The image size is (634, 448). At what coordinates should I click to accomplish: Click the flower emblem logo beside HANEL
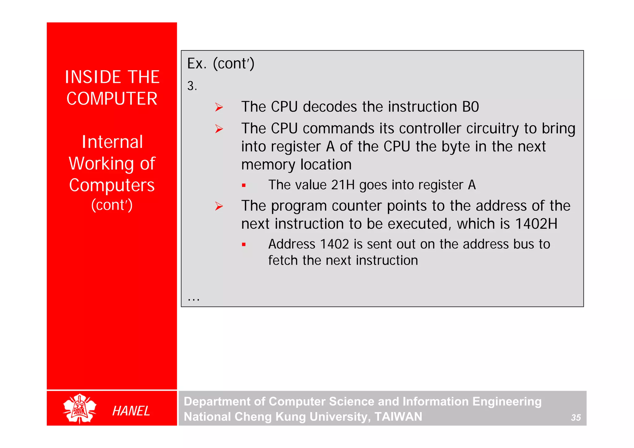(x=80, y=409)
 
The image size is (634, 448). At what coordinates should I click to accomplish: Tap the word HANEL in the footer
(x=131, y=411)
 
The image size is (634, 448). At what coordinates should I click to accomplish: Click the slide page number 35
(x=575, y=418)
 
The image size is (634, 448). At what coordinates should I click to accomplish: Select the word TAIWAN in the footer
(x=398, y=417)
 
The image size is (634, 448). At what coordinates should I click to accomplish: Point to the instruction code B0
(x=470, y=107)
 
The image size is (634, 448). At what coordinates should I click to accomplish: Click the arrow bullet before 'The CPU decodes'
(x=219, y=107)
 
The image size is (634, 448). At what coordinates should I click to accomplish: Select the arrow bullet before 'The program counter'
(x=219, y=206)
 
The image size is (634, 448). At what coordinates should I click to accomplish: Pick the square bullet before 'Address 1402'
(x=244, y=245)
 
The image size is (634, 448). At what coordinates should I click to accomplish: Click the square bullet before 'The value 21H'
(x=244, y=186)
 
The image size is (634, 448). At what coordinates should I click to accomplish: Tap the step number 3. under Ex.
(x=192, y=86)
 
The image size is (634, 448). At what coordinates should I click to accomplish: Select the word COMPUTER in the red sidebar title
(x=112, y=99)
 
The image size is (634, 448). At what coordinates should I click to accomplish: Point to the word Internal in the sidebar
(x=112, y=142)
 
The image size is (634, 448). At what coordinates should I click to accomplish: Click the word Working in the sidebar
(x=101, y=164)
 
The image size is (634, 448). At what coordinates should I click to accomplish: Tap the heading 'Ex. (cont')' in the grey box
(x=220, y=64)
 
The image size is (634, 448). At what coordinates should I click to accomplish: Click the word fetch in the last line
(x=283, y=261)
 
